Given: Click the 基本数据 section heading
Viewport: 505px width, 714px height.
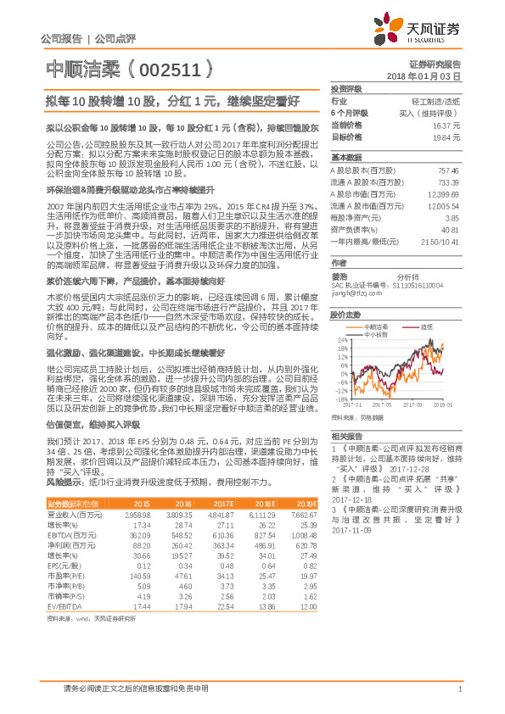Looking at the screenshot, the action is (x=346, y=158).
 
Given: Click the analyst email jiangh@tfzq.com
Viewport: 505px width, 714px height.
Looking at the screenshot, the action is (x=354, y=295).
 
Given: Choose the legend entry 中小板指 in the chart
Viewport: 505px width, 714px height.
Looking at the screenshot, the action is (x=375, y=334).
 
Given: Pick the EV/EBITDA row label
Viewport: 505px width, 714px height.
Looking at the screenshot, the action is (x=60, y=606).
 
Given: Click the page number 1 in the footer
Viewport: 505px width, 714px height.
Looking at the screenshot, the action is (x=459, y=688).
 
